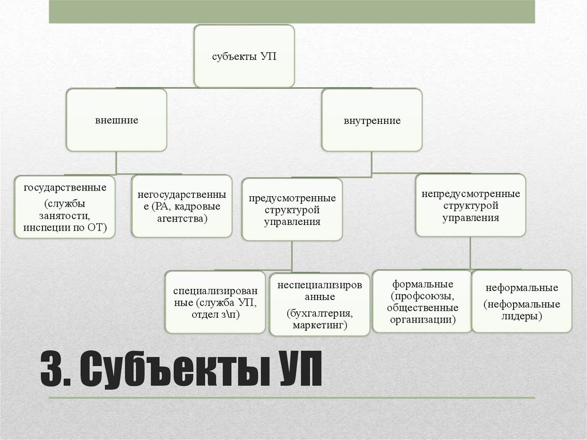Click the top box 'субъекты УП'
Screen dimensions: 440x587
[x=244, y=56]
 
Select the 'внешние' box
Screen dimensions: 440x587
[x=116, y=120]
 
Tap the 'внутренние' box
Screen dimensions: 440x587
[x=372, y=121]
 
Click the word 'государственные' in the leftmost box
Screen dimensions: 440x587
[x=65, y=188]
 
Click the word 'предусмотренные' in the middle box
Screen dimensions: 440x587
[x=292, y=198]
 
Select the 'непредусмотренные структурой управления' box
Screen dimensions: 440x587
[x=471, y=205]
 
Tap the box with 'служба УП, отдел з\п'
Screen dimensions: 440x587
[x=215, y=302]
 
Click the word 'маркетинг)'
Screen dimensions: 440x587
[x=320, y=325]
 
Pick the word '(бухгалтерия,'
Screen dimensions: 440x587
[x=320, y=314]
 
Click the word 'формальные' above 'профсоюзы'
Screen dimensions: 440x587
[x=423, y=285]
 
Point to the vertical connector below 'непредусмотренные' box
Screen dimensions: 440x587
[x=471, y=252]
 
